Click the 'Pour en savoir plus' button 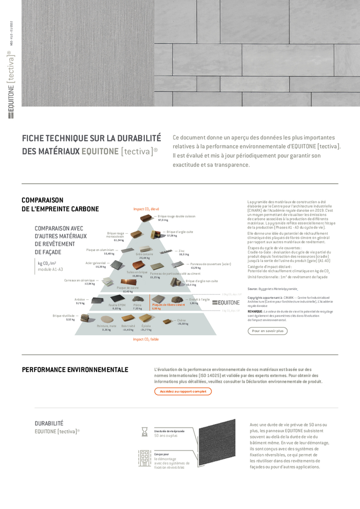(268, 331)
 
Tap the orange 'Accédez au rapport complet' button (183, 391)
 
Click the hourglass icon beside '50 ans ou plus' (145, 432)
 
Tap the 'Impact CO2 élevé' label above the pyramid (146, 209)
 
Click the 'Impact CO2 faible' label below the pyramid (146, 339)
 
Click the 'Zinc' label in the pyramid (182, 250)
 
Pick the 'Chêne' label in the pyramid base (181, 320)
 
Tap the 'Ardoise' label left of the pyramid (79, 299)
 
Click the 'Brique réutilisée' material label (63, 316)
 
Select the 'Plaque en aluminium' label (100, 250)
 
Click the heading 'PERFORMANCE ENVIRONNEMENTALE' (75, 370)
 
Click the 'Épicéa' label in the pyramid (146, 326)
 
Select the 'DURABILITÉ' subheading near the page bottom (49, 423)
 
